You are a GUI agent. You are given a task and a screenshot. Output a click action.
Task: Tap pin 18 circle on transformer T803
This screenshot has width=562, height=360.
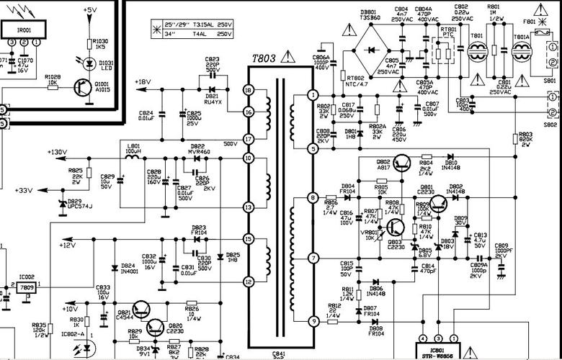click(249, 90)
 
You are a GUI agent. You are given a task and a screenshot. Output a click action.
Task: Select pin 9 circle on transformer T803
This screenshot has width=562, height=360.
click(313, 320)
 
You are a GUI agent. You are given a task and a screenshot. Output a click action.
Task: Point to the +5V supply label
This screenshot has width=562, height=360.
click(90, 9)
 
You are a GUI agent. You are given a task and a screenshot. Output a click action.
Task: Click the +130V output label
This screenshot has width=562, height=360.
click(56, 152)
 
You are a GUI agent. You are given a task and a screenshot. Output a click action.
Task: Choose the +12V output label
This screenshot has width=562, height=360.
click(67, 246)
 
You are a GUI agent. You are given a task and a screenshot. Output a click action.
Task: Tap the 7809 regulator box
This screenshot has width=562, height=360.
click(26, 288)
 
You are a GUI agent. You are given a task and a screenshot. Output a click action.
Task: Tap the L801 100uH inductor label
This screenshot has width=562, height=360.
click(133, 148)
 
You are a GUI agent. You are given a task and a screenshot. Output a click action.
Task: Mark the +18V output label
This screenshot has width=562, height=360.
click(143, 82)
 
